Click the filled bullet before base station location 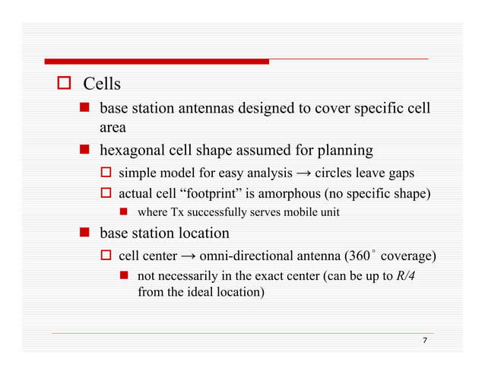pos(86,233)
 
